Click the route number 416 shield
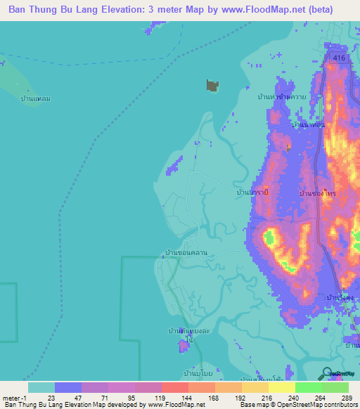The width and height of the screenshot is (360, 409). click(x=339, y=58)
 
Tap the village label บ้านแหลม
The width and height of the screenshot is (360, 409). click(x=35, y=99)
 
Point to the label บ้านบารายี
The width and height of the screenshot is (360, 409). click(x=252, y=190)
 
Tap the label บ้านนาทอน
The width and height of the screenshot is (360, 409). click(x=308, y=124)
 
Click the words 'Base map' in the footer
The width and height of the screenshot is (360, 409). click(x=252, y=405)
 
